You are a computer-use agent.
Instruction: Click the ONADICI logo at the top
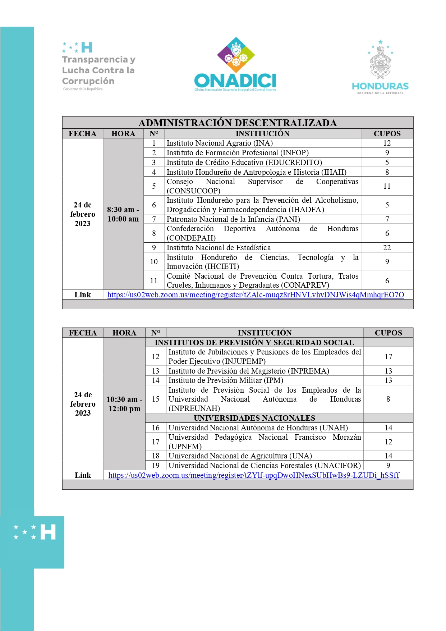(x=235, y=65)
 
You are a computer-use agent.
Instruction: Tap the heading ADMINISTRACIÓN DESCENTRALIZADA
(x=238, y=123)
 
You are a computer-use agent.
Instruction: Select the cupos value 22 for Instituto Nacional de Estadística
(x=387, y=248)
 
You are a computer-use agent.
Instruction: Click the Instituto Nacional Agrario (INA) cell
(x=220, y=143)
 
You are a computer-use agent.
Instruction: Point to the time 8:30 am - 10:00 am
(x=123, y=214)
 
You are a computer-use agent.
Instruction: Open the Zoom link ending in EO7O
(x=256, y=295)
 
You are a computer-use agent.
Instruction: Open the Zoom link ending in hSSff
(x=254, y=475)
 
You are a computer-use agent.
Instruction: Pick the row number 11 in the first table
(x=154, y=281)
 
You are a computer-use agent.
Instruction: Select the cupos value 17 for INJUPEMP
(x=388, y=357)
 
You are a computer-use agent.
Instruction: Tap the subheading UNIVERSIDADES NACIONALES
(x=254, y=418)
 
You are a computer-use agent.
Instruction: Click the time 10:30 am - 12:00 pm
(x=124, y=404)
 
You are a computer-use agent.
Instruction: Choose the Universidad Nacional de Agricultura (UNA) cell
(x=240, y=456)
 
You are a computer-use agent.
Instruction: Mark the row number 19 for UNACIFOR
(x=156, y=466)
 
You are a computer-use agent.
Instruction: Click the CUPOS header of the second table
(x=388, y=333)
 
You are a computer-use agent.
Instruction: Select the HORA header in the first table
(x=123, y=134)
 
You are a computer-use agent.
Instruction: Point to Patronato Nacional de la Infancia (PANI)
(x=233, y=219)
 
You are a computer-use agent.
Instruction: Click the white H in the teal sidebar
(x=48, y=532)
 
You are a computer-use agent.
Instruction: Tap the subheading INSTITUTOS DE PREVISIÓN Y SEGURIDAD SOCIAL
(x=254, y=343)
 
